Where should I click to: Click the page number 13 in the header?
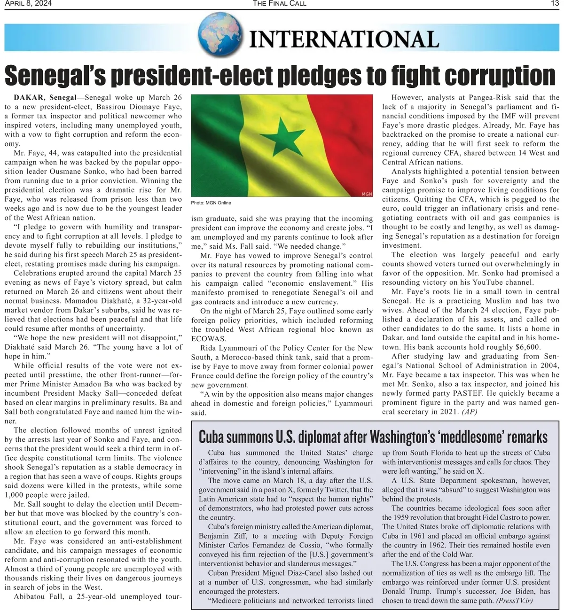[x=555, y=3]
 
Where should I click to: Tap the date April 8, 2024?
[x=28, y=3]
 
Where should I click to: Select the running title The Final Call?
[x=279, y=3]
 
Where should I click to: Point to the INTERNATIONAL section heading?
[x=344, y=39]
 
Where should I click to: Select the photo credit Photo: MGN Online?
[x=211, y=203]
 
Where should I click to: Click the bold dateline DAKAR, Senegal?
[x=45, y=98]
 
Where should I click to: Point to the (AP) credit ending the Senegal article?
[x=470, y=412]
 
